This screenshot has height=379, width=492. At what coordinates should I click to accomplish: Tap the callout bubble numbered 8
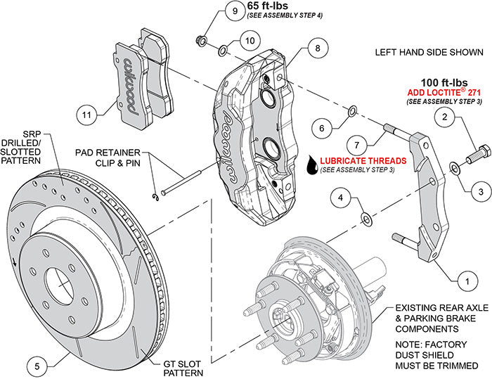[x=318, y=49]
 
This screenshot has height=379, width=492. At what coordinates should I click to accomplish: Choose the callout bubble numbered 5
[x=38, y=365]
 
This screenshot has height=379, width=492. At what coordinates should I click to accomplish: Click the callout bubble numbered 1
[x=462, y=281]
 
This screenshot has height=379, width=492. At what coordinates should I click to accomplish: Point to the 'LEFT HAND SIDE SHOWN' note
[x=429, y=52]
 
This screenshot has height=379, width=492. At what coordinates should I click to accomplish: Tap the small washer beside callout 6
[x=353, y=109]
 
